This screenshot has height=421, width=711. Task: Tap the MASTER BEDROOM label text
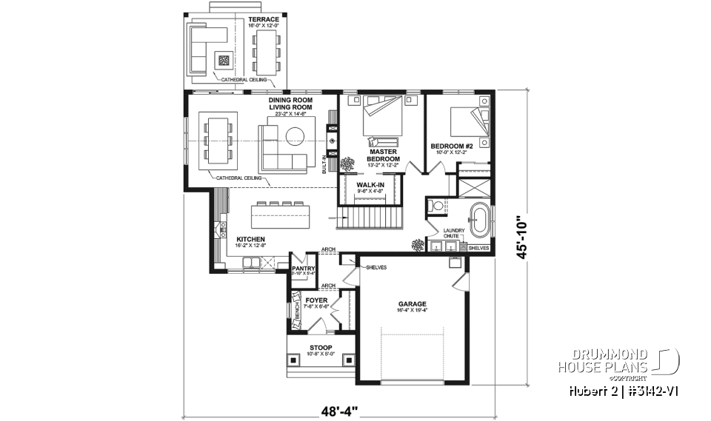[383, 155]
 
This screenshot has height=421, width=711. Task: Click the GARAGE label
[412, 303]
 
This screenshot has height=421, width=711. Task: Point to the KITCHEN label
[250, 240]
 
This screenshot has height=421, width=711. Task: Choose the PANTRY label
[304, 269]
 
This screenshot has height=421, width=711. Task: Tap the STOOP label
[321, 347]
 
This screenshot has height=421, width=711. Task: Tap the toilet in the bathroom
[437, 206]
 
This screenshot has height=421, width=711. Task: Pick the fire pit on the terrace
[224, 59]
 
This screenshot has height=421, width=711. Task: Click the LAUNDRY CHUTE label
[453, 233]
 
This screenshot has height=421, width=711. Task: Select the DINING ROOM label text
[290, 100]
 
